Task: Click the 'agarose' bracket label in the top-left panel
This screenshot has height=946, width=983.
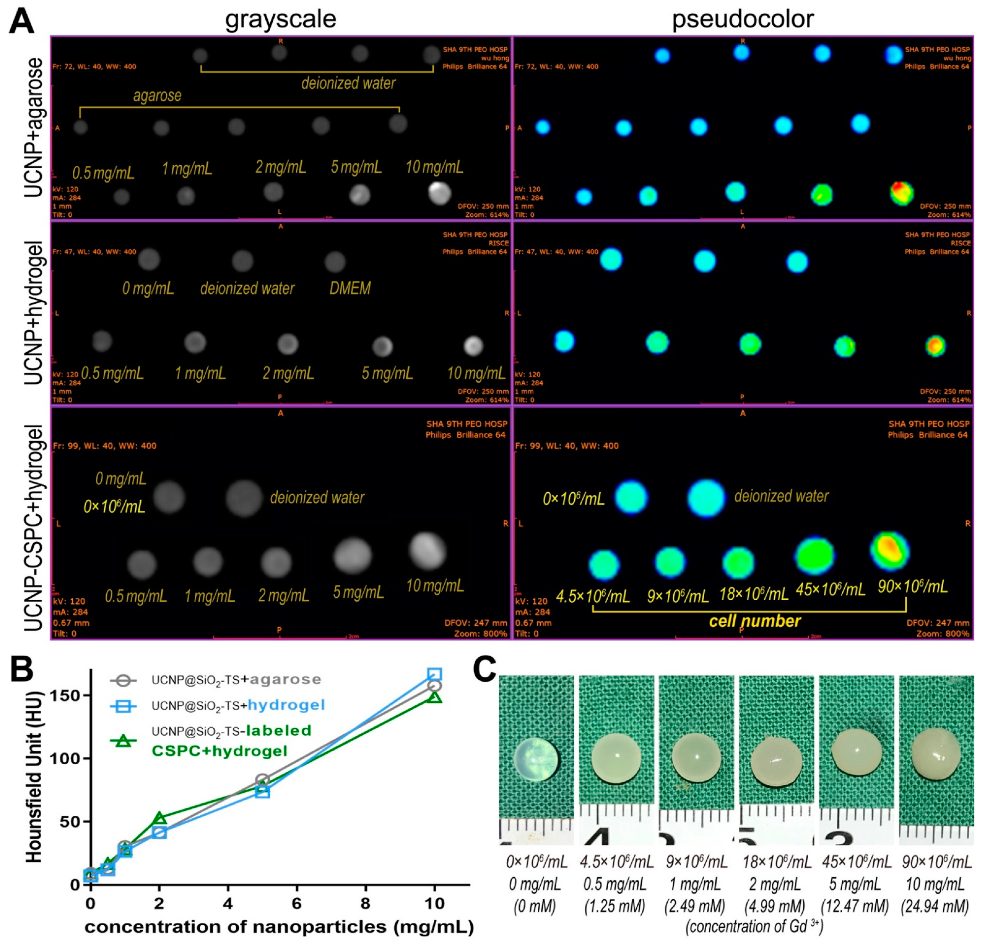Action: [x=157, y=95]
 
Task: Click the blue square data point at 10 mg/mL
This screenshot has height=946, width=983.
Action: [x=434, y=674]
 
